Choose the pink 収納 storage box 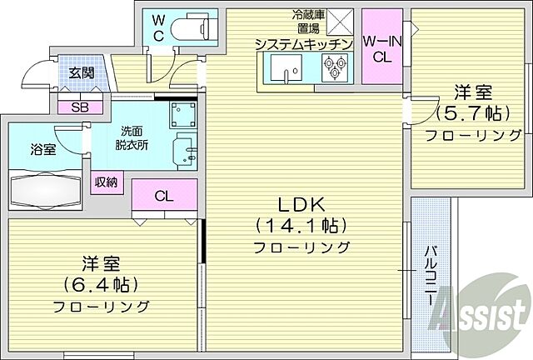click(106, 182)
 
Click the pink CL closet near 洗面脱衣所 click(164, 197)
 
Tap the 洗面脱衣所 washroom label click(132, 137)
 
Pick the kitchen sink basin click(287, 69)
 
